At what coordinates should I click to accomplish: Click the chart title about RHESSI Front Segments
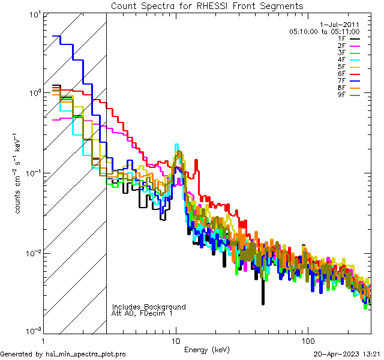tap(207, 5)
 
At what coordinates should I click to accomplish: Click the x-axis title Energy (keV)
tap(207, 349)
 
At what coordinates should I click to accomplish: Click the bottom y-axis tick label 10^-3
tap(29, 331)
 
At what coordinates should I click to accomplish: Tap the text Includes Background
tap(149, 307)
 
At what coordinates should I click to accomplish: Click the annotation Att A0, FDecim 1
tap(142, 313)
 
